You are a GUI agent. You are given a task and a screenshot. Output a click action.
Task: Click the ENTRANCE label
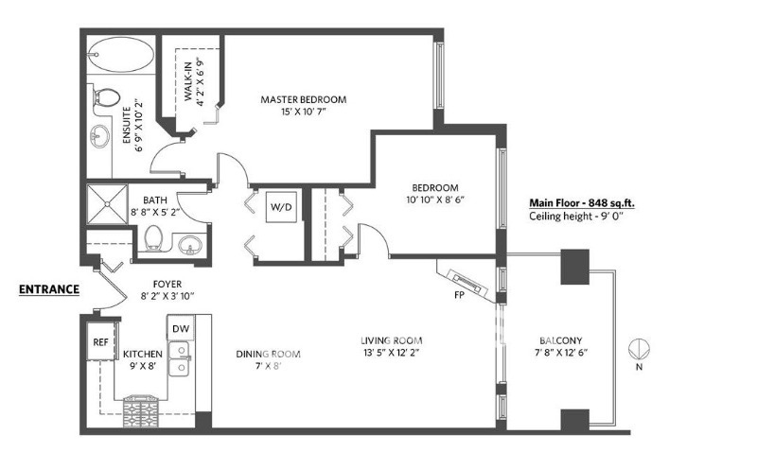[49, 289]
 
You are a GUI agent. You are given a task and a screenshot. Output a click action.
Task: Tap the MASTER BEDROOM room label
[303, 100]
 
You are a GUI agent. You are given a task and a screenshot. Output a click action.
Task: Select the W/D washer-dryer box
[281, 207]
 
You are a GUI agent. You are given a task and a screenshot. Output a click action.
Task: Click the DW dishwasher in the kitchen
[181, 328]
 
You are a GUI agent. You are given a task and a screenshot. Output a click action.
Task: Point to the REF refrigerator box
[101, 341]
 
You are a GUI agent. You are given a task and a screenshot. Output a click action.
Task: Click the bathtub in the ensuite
[122, 55]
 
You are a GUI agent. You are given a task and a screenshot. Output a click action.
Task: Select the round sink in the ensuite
[100, 136]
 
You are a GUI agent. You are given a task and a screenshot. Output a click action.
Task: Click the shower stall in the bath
[107, 204]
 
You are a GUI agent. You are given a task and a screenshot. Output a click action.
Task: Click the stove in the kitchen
[140, 410]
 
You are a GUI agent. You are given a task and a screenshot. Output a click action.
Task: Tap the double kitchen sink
[179, 358]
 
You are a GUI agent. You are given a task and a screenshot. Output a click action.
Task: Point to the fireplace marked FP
[467, 284]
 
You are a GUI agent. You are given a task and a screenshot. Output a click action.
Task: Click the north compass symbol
[639, 349]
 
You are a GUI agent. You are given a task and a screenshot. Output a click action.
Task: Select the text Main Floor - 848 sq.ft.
[582, 203]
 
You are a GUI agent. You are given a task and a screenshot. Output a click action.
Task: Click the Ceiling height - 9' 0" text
[576, 217]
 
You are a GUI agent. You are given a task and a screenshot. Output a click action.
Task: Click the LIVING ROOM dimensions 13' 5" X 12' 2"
[391, 353]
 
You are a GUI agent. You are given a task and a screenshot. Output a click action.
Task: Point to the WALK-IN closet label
[188, 80]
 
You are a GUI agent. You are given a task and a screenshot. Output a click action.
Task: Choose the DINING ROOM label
[268, 354]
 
